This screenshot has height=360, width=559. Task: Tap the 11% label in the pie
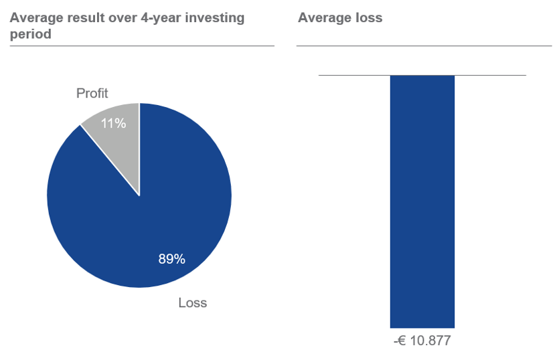113,123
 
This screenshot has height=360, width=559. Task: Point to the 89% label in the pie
171,259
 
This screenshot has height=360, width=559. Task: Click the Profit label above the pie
92,94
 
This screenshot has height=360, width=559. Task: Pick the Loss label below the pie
193,303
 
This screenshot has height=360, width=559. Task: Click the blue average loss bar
422,201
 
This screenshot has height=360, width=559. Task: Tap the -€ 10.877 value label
422,341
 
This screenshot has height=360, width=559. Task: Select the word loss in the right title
370,18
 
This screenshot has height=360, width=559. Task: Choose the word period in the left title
31,34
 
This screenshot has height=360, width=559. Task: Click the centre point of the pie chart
139,195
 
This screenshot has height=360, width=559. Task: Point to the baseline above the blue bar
348,75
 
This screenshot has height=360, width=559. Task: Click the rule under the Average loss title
424,46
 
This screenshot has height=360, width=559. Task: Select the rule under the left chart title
142,46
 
